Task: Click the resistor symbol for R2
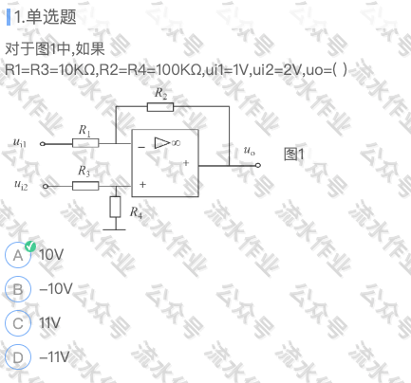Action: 160,107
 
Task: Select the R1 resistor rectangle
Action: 85,143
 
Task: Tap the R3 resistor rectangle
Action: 85,186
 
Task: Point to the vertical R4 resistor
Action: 115,207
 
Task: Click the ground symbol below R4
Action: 114,229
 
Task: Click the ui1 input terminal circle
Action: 43,144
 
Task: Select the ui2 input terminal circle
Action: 46,186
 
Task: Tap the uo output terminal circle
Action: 258,165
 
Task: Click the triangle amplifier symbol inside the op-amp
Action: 162,143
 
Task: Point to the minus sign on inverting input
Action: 141,147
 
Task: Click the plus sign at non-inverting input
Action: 142,184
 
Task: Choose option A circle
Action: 18,255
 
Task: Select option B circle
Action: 18,289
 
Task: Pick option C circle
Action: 18,323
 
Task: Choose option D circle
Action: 18,357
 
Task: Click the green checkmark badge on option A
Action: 30,246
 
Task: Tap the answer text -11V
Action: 54,356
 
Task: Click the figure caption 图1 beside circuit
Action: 294,155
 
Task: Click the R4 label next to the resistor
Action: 136,212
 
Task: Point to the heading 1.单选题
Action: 46,17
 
